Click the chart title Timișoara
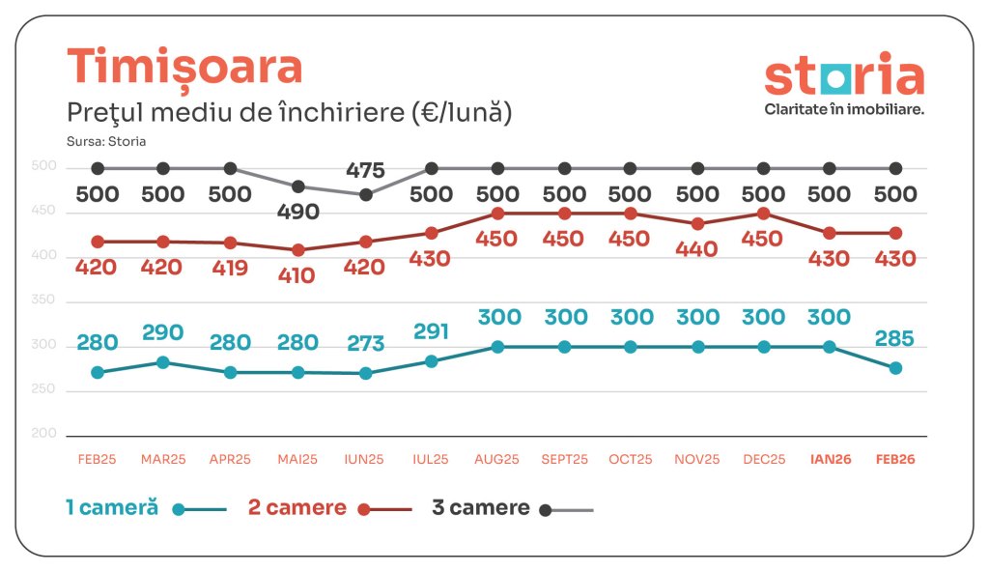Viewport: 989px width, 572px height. [184, 66]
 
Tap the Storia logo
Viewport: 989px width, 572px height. [843, 85]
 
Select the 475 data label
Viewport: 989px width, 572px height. [365, 170]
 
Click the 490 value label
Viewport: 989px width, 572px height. [297, 212]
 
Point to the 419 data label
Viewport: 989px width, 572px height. [230, 267]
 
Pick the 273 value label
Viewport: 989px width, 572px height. [365, 343]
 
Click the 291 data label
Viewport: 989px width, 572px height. [431, 331]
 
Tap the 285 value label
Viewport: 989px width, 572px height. [895, 338]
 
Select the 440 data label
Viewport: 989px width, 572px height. [697, 249]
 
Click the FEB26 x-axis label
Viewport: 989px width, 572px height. [895, 460]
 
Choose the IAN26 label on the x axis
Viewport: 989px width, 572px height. [829, 460]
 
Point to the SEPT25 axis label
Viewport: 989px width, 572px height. [564, 460]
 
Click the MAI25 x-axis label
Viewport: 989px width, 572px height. [297, 460]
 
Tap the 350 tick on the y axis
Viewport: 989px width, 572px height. [44, 300]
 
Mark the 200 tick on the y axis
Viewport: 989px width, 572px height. [44, 433]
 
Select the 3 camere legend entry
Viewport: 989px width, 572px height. [480, 508]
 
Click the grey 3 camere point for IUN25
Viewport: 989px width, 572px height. [365, 194]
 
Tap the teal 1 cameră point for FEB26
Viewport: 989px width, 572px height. [895, 367]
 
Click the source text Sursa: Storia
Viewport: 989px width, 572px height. [106, 141]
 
